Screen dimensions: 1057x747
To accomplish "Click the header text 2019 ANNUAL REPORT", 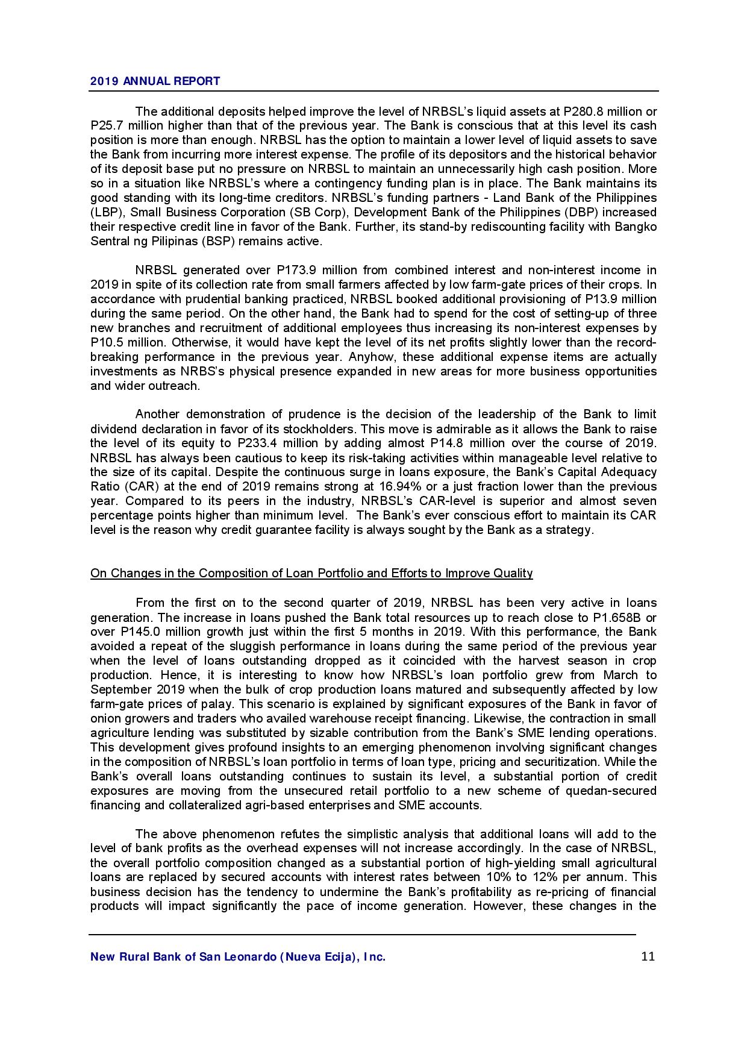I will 155,81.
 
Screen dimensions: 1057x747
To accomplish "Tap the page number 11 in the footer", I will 648,956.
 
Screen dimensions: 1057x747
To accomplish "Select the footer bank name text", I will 237,957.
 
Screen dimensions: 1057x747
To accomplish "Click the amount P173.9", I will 296,270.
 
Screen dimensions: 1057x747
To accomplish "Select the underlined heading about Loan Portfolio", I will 311,573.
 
